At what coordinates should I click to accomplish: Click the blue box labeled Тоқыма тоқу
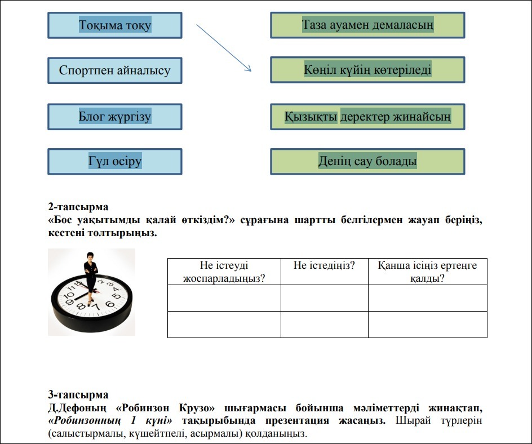115,25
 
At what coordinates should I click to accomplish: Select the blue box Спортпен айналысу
115,71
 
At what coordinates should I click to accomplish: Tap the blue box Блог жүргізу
115,117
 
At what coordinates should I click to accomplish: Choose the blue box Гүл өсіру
115,162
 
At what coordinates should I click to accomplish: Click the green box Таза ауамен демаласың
367,25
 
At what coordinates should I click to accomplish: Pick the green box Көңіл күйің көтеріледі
367,70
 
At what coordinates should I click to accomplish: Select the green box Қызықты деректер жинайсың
367,117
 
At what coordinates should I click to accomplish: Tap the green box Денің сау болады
367,162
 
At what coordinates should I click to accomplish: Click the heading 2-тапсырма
78,207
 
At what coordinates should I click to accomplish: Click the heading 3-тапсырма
78,395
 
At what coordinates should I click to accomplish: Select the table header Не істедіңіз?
324,265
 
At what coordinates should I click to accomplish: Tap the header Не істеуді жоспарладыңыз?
224,271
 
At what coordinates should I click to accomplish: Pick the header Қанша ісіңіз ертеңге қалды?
427,271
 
